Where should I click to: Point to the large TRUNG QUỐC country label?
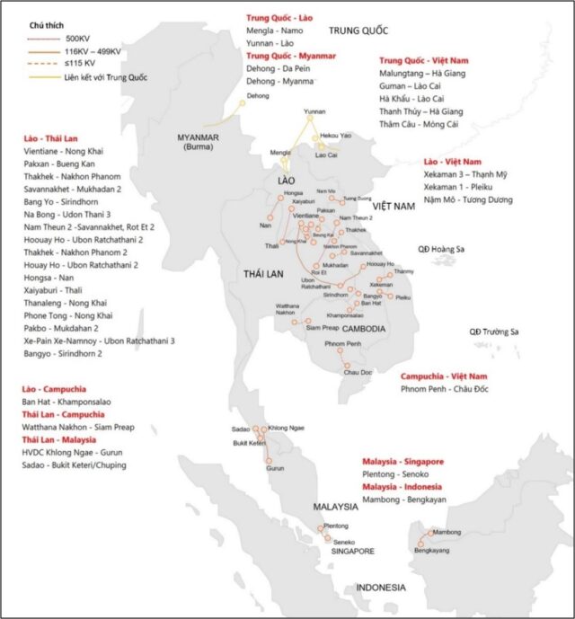click(358, 31)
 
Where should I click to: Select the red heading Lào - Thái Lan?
click(57, 139)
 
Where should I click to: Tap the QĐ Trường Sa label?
click(494, 332)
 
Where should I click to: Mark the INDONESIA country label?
click(380, 588)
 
